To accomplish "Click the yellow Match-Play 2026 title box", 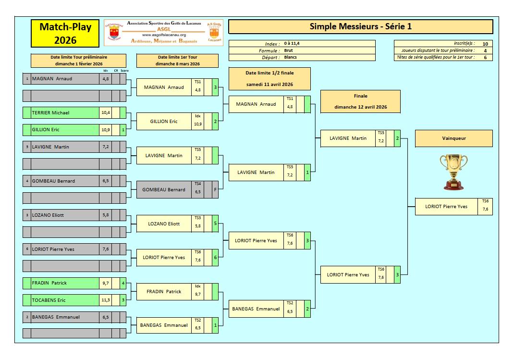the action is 65,34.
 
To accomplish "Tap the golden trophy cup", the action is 453,172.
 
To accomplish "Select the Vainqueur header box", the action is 453,138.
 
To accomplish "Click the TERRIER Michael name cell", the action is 65,113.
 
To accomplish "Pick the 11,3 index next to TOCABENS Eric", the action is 106,300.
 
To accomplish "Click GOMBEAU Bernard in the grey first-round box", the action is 164,189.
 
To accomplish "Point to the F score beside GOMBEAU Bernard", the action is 215,189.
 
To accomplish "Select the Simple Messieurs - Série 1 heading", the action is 361,26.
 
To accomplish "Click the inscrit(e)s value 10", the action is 485,44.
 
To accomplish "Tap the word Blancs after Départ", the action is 291,57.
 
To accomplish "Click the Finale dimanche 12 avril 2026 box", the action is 361,101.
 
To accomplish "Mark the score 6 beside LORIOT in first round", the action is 215,258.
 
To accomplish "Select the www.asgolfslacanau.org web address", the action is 164,35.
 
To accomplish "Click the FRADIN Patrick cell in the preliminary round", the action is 65,283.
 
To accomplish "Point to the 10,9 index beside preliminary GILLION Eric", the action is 106,130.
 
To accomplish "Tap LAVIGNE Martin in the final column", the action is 348,138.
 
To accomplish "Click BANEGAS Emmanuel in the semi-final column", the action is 256,309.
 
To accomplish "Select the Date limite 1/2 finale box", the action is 269,79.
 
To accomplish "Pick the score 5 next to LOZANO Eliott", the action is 215,223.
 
